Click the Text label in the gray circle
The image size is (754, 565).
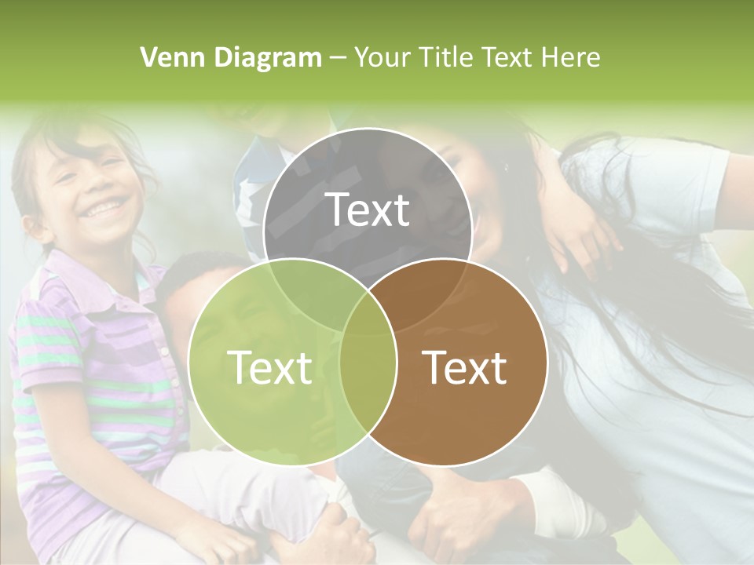(x=368, y=210)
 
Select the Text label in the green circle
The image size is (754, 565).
(x=269, y=367)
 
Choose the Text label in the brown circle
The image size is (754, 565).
(x=465, y=367)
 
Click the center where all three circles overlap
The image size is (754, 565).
(x=368, y=310)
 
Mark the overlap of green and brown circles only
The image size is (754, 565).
(x=368, y=377)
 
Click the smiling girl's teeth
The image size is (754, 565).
(x=105, y=208)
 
